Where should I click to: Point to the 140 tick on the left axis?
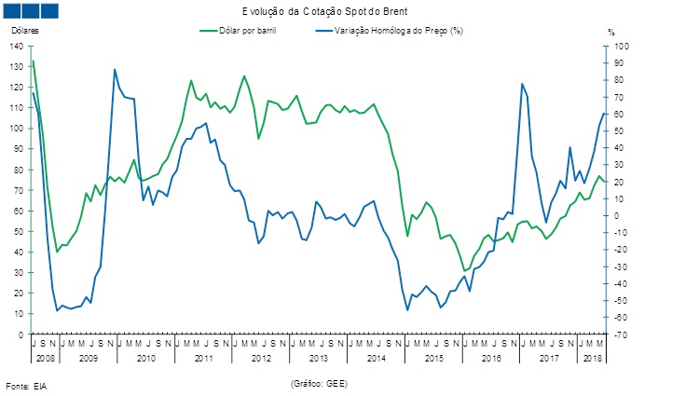pos(19,47)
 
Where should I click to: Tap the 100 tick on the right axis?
pos(623,47)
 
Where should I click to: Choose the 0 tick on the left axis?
pos(23,335)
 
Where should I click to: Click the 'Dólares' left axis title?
pos(25,31)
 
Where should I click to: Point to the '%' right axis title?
pos(611,32)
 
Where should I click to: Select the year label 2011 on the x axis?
pos(204,358)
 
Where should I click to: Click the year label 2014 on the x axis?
pos(377,358)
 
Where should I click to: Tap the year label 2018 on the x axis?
pos(592,358)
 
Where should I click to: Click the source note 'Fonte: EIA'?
pos(27,385)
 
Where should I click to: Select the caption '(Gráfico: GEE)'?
pos(321,383)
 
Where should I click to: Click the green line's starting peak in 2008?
pos(34,61)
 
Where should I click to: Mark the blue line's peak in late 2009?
pos(115,70)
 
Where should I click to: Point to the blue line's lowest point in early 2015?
pos(407,309)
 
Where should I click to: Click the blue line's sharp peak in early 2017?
pos(522,85)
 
